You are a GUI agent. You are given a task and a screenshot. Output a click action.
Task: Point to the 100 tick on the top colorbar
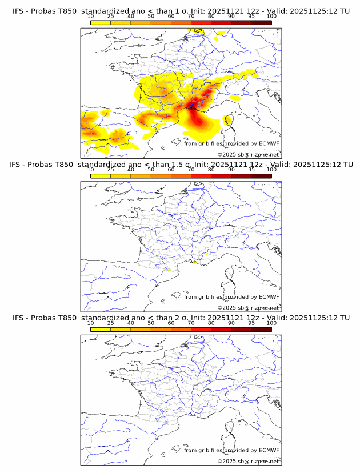coord(271,17)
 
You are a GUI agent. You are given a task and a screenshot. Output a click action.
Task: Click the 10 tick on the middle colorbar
coord(91,170)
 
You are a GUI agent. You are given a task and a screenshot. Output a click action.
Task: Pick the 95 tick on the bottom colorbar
coord(251,323)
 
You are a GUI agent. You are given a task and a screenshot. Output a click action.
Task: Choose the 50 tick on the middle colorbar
coord(151,170)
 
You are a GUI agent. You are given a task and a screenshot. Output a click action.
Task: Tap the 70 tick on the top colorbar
coord(191,17)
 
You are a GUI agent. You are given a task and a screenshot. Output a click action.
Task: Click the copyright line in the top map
coord(248,155)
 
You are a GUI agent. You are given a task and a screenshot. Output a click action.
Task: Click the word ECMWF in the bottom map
coord(269,450)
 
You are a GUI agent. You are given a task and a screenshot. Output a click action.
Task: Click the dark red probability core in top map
coord(194,104)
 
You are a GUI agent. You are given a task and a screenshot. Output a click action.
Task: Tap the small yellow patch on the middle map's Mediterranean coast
coord(195,263)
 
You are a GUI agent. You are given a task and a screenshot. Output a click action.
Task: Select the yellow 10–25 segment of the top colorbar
coord(101,22)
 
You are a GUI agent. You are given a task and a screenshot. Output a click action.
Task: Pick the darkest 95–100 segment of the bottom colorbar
coord(262,329)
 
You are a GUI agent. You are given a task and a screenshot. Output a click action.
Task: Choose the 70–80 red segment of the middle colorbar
coord(201,175)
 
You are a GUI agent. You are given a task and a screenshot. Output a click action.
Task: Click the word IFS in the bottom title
coord(18,318)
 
